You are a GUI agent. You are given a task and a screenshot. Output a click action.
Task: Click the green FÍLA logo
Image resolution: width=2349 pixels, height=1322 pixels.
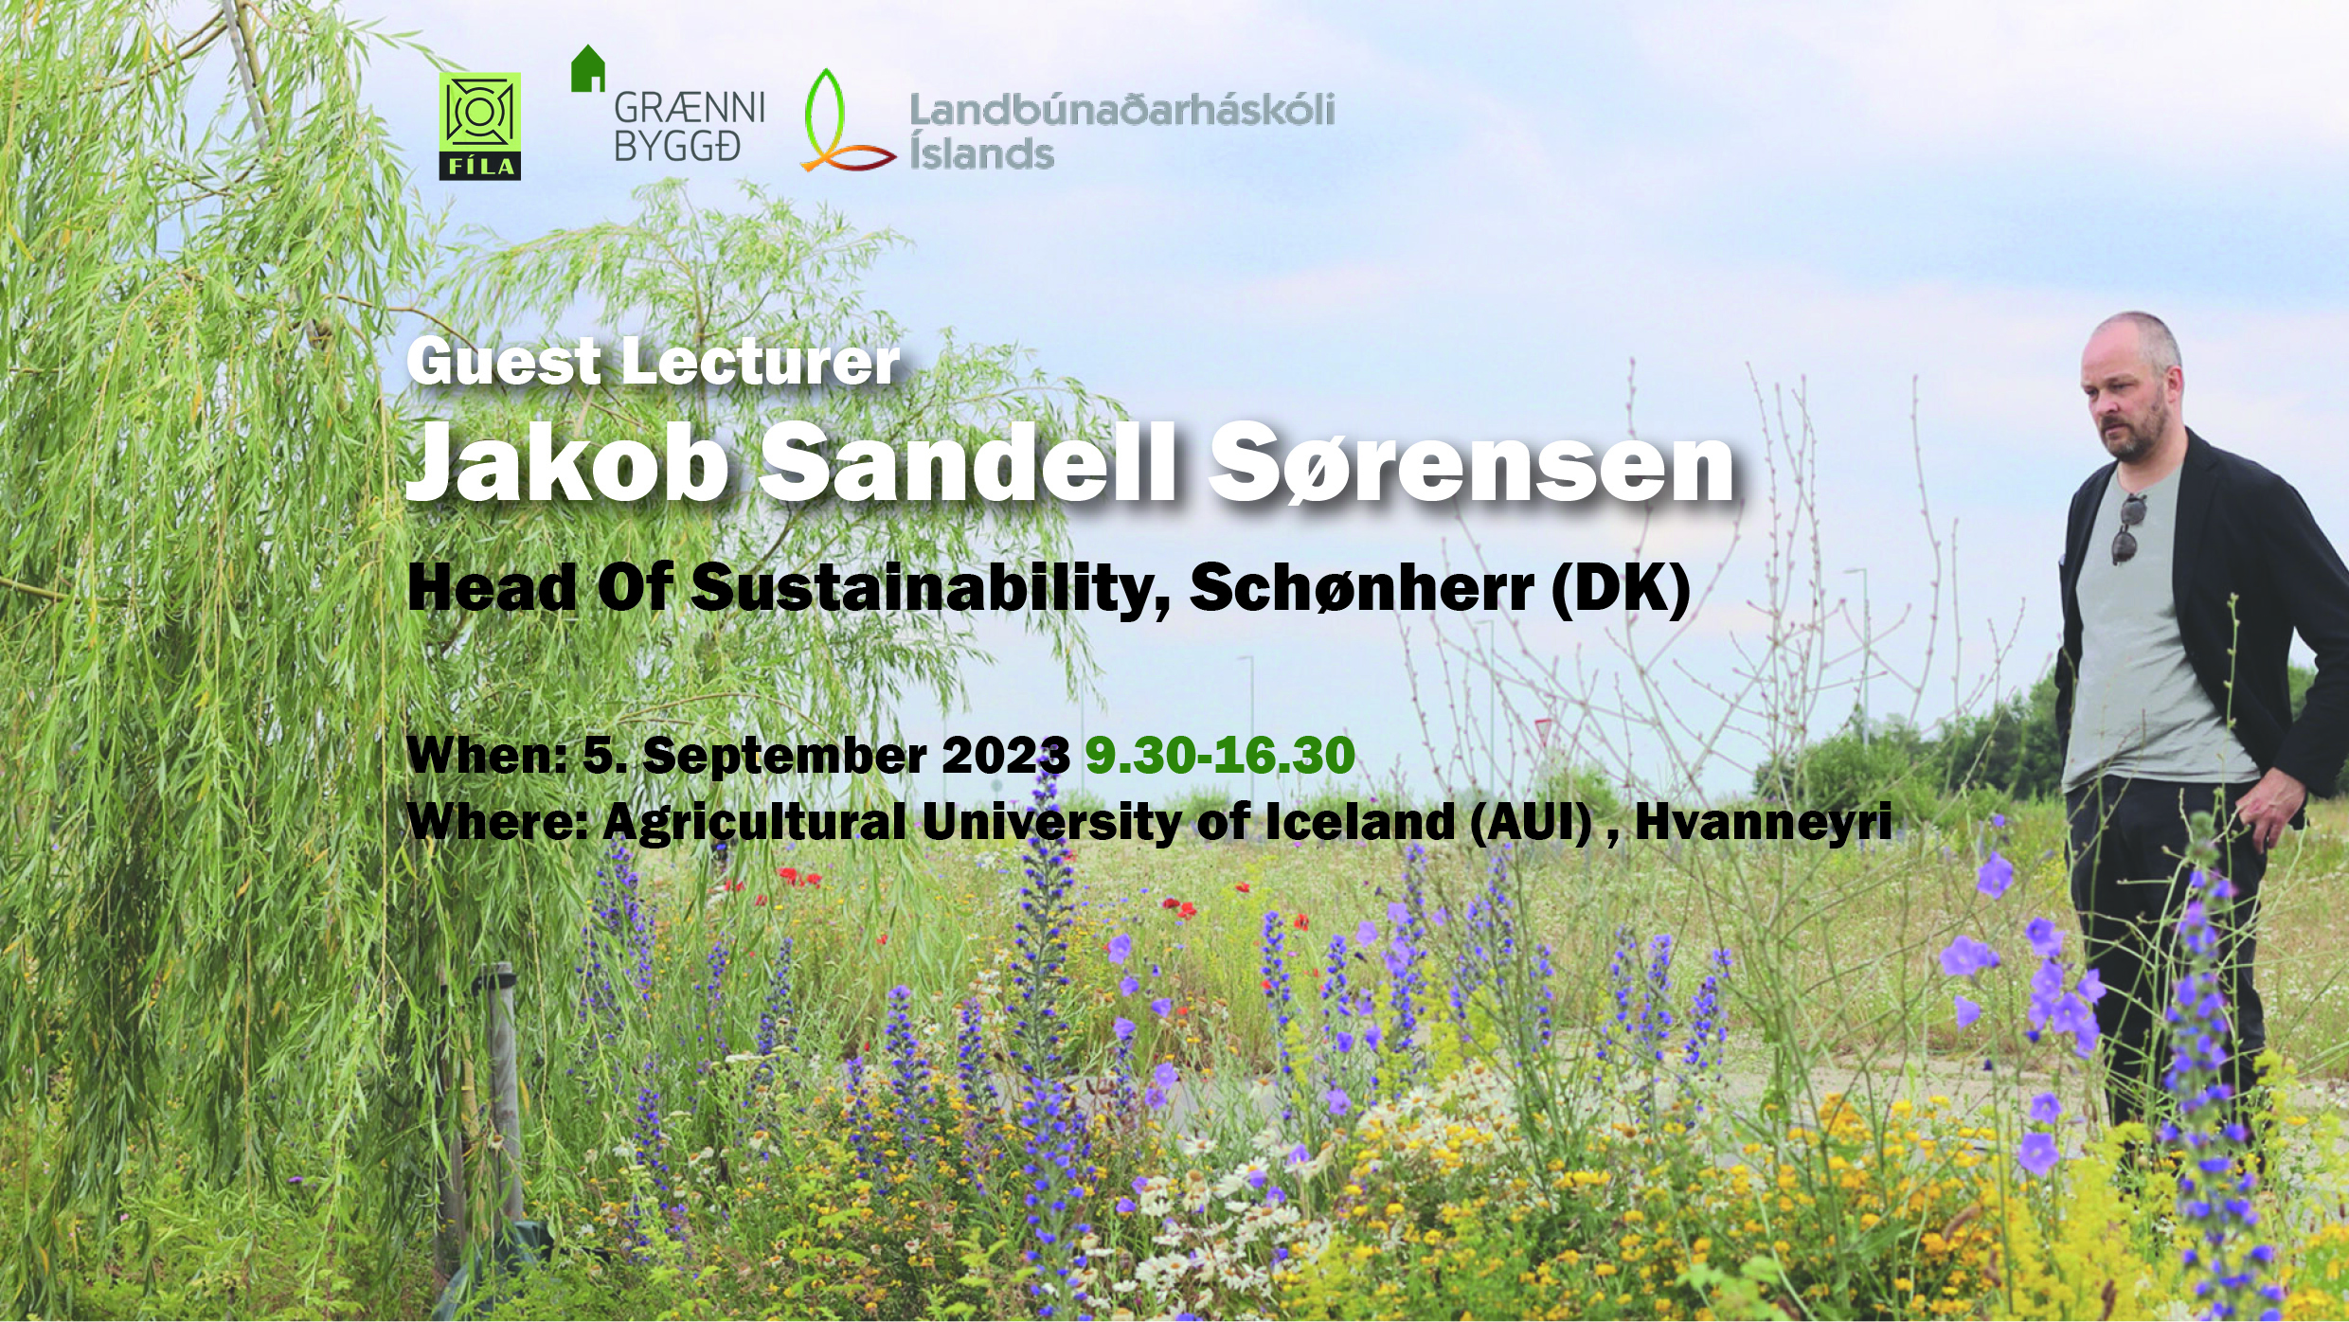(x=479, y=126)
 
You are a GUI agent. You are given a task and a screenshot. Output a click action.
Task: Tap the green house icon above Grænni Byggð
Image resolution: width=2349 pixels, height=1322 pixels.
(x=587, y=68)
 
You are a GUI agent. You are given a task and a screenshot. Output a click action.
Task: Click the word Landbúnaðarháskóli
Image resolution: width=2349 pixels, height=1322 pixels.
(x=1121, y=111)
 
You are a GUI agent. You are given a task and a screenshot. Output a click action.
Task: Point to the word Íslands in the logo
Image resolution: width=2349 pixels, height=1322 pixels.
(x=981, y=152)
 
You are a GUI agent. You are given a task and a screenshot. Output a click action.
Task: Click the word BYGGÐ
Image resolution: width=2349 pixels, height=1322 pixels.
(x=676, y=147)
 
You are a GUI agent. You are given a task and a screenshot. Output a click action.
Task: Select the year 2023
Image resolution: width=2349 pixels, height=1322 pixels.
(x=1006, y=756)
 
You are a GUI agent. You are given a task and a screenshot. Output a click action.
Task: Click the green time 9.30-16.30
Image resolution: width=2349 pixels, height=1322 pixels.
(x=1220, y=756)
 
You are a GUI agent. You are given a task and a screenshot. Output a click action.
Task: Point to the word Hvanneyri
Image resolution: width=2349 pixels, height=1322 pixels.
(x=1764, y=821)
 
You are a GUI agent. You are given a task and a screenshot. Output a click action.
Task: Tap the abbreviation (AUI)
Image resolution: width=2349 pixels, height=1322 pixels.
(x=1533, y=821)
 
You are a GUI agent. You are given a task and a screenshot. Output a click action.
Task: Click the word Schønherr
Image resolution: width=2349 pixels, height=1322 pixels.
(x=1362, y=588)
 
